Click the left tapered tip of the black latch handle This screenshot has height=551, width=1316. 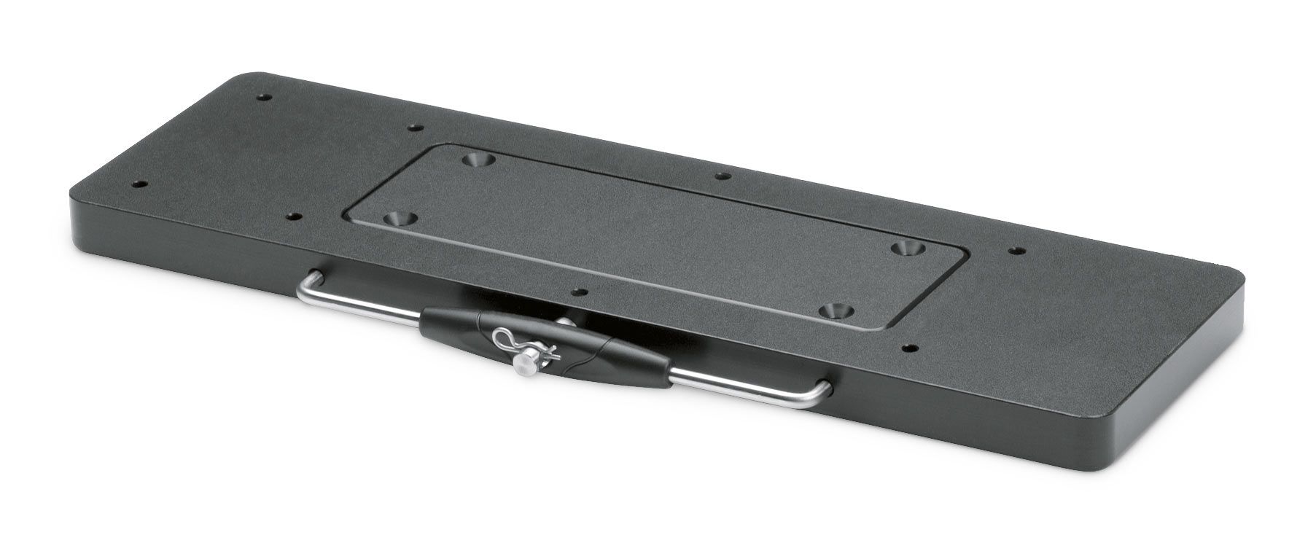pyautogui.click(x=423, y=315)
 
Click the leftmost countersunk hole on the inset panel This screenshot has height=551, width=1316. pyautogui.click(x=397, y=218)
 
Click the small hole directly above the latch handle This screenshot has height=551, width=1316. pyautogui.click(x=580, y=292)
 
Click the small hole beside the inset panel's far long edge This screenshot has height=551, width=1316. pyautogui.click(x=720, y=176)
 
